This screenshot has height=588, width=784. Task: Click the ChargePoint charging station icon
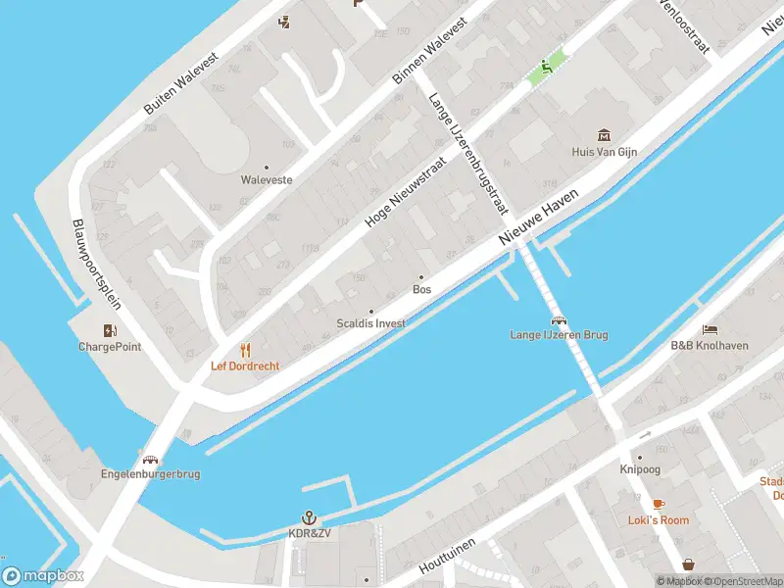110,330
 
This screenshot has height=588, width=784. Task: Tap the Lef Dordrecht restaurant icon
245,350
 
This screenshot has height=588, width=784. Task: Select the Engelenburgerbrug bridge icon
150,459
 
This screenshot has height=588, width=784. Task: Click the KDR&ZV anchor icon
309,516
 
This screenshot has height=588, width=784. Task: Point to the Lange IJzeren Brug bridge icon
559,319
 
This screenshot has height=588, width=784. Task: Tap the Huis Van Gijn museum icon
604,135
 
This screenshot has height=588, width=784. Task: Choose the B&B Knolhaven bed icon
710,329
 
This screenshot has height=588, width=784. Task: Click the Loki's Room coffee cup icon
659,504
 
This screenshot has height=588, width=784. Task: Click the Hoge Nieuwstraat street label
405,196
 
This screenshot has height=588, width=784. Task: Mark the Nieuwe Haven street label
539,218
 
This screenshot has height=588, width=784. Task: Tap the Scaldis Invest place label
370,322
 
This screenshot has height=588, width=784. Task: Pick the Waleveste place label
267,180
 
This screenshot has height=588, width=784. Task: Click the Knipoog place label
640,469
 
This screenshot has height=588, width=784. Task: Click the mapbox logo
42,575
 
